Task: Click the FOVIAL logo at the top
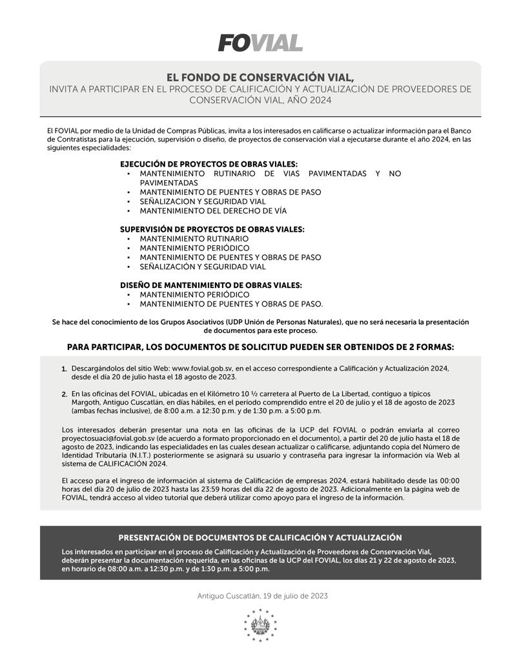pyautogui.click(x=260, y=43)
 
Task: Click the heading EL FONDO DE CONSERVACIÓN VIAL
pyautogui.click(x=260, y=76)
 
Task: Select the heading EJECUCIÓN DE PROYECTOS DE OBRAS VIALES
pyautogui.click(x=209, y=164)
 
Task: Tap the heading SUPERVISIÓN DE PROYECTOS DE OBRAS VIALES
pyautogui.click(x=212, y=229)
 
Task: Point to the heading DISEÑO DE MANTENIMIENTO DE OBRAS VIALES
pyautogui.click(x=210, y=285)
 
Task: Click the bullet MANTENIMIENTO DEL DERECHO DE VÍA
pyautogui.click(x=213, y=210)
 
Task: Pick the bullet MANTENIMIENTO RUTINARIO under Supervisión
pyautogui.click(x=194, y=238)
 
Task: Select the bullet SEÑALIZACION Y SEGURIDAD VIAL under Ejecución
pyautogui.click(x=203, y=201)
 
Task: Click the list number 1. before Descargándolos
pyautogui.click(x=65, y=369)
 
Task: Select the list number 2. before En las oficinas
pyautogui.click(x=65, y=394)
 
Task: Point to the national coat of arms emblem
pyautogui.click(x=260, y=625)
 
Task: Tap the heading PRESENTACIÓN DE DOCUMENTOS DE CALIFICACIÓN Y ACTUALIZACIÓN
pyautogui.click(x=260, y=538)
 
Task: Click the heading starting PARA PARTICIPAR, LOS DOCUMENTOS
pyautogui.click(x=260, y=347)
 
